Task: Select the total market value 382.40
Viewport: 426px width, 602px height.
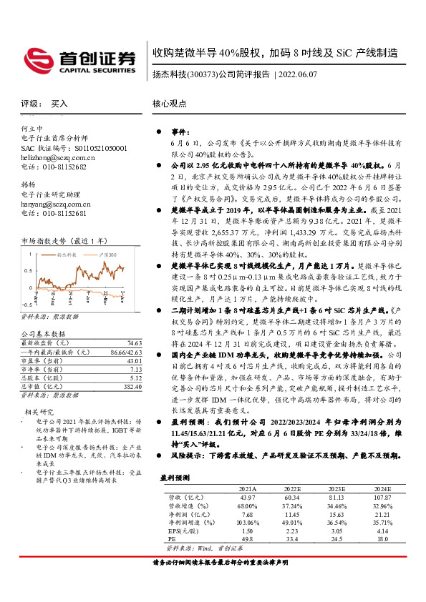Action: tap(113, 387)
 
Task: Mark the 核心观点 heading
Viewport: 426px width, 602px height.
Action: tap(169, 104)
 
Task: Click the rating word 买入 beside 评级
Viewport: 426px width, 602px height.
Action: tap(59, 104)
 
